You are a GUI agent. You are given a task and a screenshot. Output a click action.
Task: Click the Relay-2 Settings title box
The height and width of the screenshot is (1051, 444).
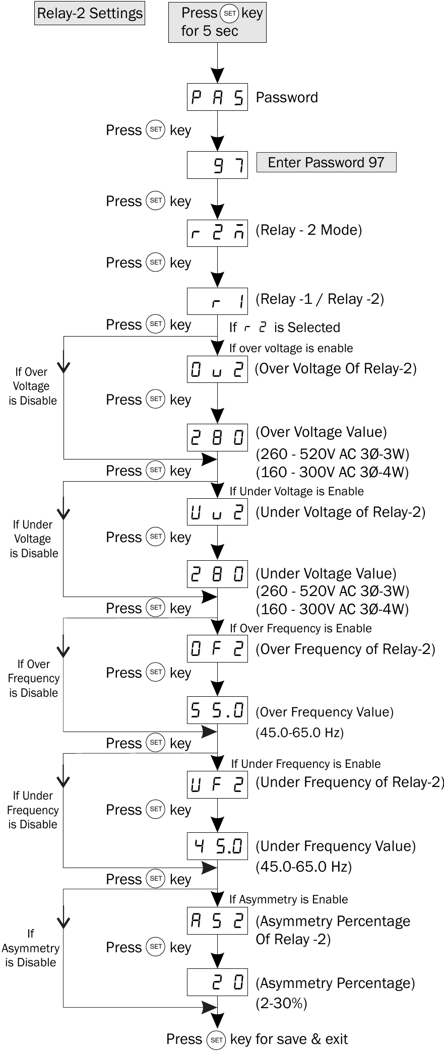coord(90,13)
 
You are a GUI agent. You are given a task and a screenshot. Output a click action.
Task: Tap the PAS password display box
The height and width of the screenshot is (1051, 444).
coord(217,97)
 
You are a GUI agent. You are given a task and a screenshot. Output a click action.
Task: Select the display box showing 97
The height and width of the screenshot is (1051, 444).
coord(217,165)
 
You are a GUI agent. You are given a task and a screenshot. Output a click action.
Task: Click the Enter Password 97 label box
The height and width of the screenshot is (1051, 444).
coord(326,162)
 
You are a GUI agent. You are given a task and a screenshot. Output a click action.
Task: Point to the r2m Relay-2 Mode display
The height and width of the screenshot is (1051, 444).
coord(217,233)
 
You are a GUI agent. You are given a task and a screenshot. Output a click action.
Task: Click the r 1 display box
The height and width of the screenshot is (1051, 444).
coord(217,301)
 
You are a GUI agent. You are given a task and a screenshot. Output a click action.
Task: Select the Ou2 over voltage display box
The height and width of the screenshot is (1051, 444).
coord(217,369)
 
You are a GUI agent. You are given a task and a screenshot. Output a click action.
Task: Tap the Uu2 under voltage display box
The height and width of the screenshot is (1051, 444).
coord(217,512)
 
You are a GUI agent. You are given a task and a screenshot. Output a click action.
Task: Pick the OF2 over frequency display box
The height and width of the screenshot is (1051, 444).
coord(217,649)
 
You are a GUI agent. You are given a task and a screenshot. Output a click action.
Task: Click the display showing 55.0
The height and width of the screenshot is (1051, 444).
coord(217,710)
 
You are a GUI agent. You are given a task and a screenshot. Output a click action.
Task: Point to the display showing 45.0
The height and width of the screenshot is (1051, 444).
coord(217,846)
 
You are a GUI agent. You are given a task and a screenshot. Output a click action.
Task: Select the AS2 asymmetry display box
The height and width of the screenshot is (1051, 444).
coord(217,921)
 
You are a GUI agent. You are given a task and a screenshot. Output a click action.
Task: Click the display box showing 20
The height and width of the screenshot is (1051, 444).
coord(217,982)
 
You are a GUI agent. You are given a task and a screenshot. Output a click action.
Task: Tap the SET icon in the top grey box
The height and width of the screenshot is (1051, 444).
coord(230,14)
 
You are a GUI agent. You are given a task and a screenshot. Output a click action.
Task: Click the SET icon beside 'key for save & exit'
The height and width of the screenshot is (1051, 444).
coord(216,1040)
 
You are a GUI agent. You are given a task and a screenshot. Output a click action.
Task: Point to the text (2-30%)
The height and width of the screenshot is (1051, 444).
coord(281,1003)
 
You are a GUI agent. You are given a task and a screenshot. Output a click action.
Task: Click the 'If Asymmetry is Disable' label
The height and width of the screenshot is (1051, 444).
coord(30,948)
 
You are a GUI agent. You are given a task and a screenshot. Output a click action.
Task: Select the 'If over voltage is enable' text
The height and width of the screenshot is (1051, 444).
coord(291,348)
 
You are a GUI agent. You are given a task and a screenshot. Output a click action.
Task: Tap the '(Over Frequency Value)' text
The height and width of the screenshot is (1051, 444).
coord(325,712)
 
